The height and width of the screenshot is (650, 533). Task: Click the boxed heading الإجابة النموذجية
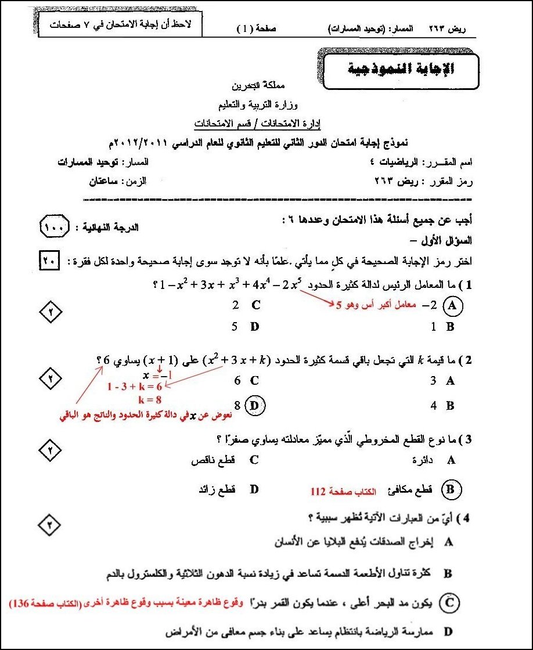pyautogui.click(x=401, y=70)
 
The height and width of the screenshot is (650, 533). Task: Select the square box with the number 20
pyautogui.click(x=48, y=261)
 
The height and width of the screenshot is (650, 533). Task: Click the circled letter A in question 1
pyautogui.click(x=451, y=304)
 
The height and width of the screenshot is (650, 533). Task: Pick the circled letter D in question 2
pyautogui.click(x=254, y=406)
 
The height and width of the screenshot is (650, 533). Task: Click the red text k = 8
pyautogui.click(x=150, y=399)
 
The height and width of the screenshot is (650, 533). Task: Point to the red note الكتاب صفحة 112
pyautogui.click(x=343, y=492)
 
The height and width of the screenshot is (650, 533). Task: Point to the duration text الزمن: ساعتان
pyautogui.click(x=117, y=181)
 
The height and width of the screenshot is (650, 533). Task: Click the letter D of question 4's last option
pyautogui.click(x=448, y=630)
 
